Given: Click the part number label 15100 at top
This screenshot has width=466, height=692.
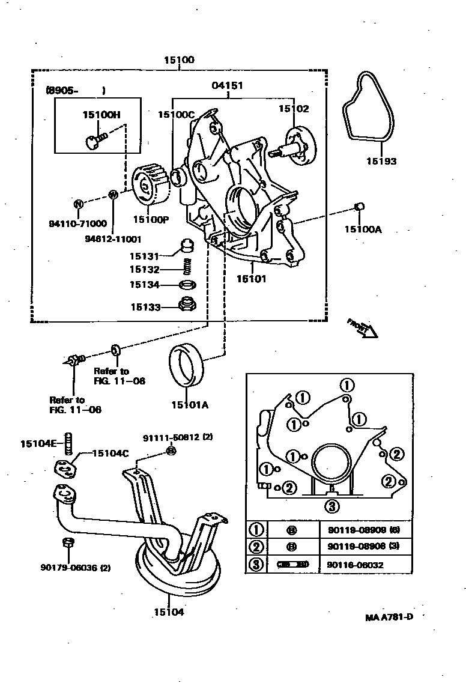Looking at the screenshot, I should coord(179,61).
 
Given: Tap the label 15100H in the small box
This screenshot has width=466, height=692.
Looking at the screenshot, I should coord(101,114).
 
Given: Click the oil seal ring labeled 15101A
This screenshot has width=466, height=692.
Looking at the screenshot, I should coord(188,368).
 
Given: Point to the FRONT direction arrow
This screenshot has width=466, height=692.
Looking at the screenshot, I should coord(362,328).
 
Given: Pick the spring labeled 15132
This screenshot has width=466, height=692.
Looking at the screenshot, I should coord(187,264).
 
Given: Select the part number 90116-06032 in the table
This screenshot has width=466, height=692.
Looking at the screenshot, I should coord(356,565).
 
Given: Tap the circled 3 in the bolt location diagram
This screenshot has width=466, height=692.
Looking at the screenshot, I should coord(331,506).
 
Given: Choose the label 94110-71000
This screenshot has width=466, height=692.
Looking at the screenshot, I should coord(77,223).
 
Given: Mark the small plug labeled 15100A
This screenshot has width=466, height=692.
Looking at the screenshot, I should coord(360,208).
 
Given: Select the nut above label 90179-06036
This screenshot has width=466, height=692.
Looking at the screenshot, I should coord(67,544).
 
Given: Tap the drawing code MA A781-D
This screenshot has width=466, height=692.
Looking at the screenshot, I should coord(389,617).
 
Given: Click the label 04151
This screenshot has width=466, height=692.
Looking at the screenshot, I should coord(227,86).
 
